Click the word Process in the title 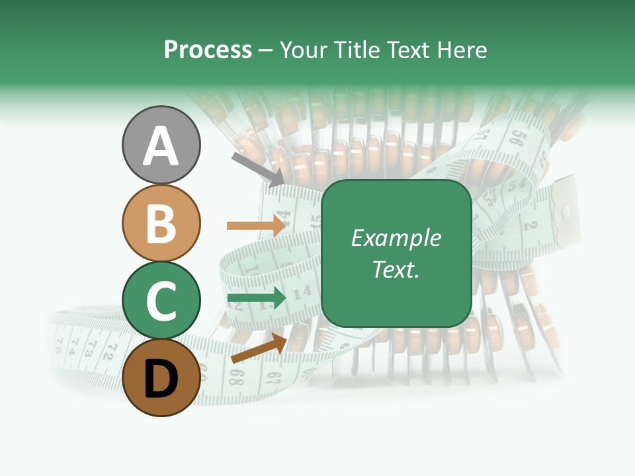(208, 50)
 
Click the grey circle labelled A (161, 145)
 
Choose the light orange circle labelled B (161, 223)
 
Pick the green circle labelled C (161, 301)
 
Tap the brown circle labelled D (161, 377)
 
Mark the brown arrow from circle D (259, 348)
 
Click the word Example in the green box (396, 238)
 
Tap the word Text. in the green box (396, 270)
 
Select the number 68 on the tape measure (236, 377)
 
